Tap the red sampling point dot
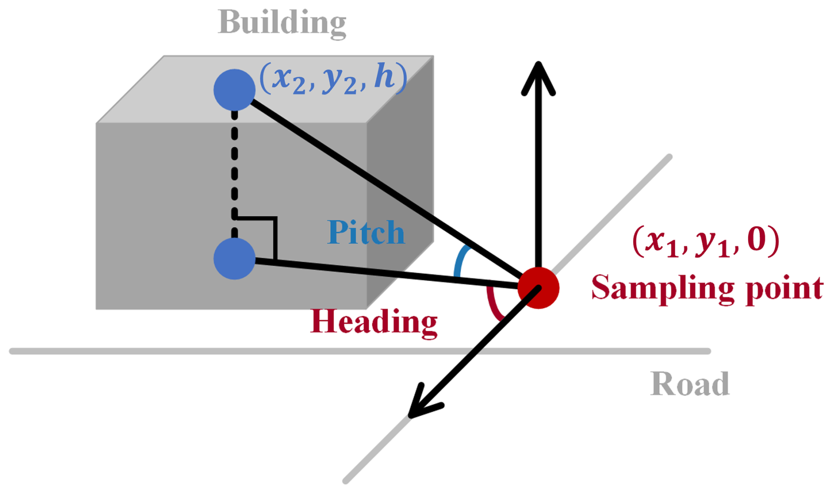(538, 288)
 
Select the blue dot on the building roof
(234, 90)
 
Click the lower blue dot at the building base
(234, 259)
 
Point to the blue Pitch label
(366, 232)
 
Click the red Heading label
(374, 322)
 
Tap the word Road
(689, 384)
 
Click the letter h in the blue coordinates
(383, 78)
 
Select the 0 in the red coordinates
(756, 240)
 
